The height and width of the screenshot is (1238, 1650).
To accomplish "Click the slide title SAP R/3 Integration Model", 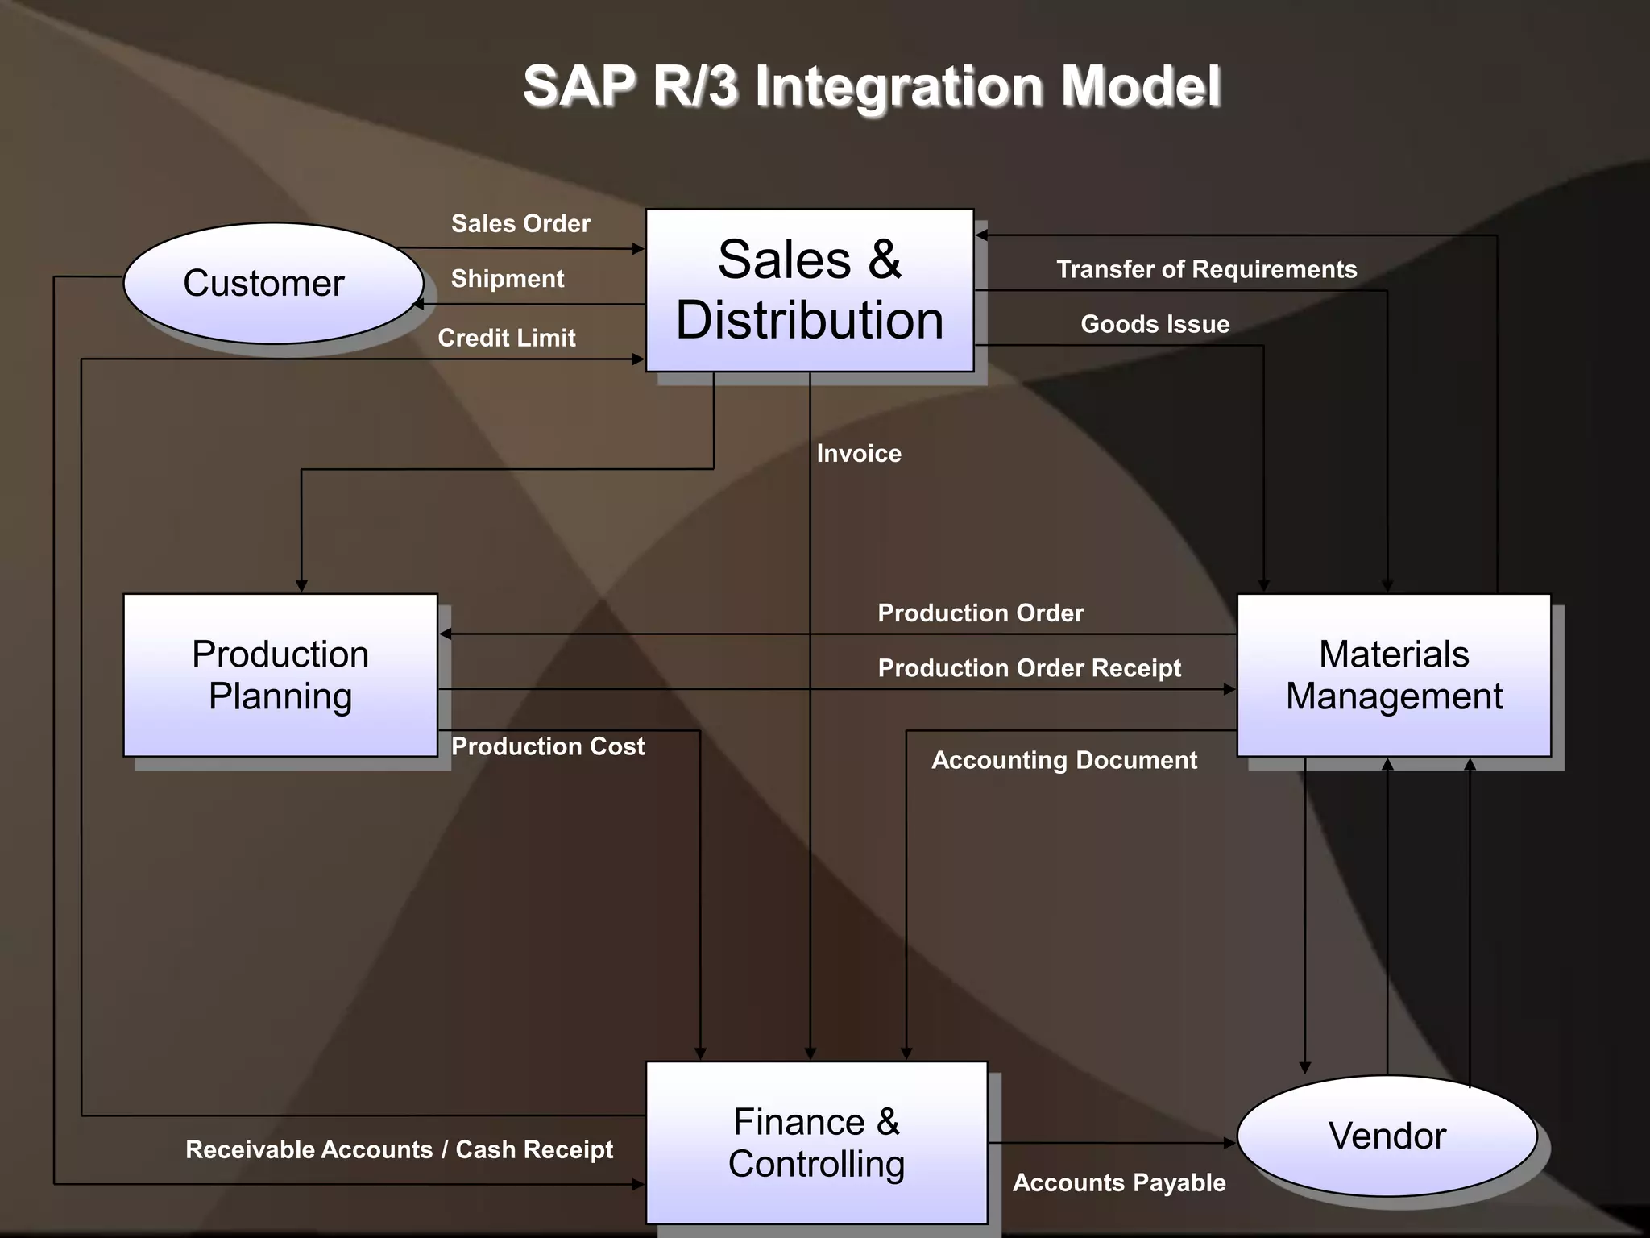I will click(x=872, y=86).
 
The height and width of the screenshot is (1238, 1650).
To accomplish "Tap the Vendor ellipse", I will click(x=1387, y=1136).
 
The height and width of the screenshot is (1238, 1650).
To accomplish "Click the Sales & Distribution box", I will click(x=810, y=290).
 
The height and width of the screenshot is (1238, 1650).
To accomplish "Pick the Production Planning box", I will click(x=280, y=675).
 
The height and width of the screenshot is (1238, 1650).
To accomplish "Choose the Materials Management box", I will click(x=1394, y=675).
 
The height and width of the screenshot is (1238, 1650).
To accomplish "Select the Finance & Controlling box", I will click(x=816, y=1142).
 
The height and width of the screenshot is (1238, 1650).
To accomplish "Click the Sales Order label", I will click(x=520, y=223).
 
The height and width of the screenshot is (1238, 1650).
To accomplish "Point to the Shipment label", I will click(x=507, y=279).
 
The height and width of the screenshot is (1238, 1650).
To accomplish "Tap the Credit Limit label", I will click(x=506, y=338).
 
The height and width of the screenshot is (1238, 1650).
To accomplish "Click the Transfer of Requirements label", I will click(x=1206, y=269).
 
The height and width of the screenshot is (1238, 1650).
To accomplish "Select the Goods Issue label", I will click(x=1155, y=324).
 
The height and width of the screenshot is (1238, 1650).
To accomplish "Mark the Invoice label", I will click(x=859, y=454).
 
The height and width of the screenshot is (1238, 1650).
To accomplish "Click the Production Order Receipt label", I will click(x=1029, y=668).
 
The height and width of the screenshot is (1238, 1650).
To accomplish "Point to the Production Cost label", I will click(x=548, y=746).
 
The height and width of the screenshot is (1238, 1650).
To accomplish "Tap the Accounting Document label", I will click(x=1064, y=760).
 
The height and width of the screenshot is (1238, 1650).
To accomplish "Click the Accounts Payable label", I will click(x=1119, y=1182).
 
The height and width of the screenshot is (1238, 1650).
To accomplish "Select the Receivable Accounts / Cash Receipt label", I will click(x=399, y=1149).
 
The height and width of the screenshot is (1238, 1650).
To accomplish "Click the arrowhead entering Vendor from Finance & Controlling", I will click(x=1229, y=1143).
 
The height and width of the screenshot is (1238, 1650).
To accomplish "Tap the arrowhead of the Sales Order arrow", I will click(x=639, y=249).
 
